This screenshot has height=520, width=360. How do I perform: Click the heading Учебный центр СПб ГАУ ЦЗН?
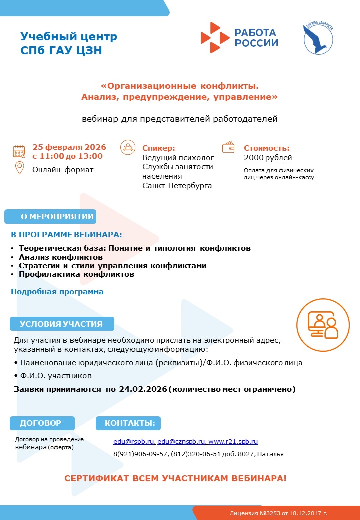[69, 43]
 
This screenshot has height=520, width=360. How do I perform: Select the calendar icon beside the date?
[19, 152]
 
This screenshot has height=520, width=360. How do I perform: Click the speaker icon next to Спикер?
[128, 148]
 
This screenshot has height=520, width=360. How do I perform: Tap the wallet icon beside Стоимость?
[229, 148]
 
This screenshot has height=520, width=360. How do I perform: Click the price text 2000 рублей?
[268, 158]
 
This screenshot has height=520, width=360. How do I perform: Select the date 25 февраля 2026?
[69, 147]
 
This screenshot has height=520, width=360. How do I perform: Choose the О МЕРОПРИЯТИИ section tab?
[50, 217]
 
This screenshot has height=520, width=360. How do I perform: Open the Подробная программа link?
[57, 292]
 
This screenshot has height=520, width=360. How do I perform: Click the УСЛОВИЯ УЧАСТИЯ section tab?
[62, 324]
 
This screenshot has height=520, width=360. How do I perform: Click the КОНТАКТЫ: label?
[128, 423]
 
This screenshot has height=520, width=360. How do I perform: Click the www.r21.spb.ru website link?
[233, 441]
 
